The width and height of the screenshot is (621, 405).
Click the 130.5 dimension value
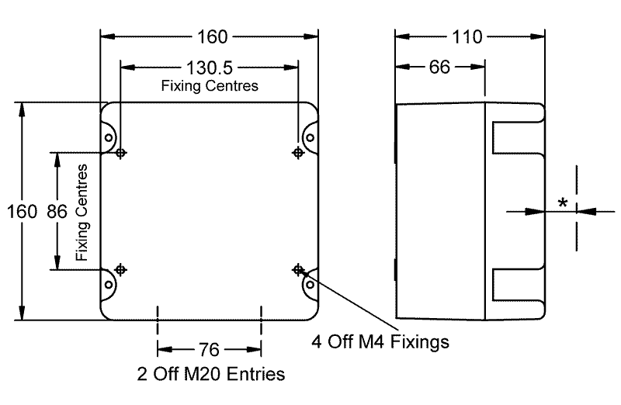[209, 67]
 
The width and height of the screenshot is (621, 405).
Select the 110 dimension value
[467, 36]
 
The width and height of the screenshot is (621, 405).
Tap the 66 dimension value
[439, 67]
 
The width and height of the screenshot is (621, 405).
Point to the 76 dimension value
[209, 350]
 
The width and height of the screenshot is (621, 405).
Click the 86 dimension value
[57, 211]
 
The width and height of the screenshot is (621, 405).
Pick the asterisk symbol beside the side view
[562, 203]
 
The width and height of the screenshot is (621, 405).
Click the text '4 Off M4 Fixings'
[380, 341]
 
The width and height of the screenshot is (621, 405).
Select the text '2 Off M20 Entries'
[211, 374]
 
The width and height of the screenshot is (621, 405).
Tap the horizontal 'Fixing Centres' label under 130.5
[210, 86]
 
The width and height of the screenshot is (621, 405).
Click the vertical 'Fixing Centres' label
[82, 213]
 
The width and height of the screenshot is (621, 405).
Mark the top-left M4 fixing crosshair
[120, 152]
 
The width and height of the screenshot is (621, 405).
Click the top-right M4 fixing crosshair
[298, 152]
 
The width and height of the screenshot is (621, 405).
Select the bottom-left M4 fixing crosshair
[120, 269]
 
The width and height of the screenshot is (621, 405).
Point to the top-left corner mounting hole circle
[108, 138]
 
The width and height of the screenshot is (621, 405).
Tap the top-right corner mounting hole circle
[310, 138]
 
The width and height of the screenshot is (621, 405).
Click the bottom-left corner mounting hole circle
[108, 284]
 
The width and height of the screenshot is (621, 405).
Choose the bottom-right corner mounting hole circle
[310, 284]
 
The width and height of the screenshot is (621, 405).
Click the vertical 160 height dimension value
[22, 211]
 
